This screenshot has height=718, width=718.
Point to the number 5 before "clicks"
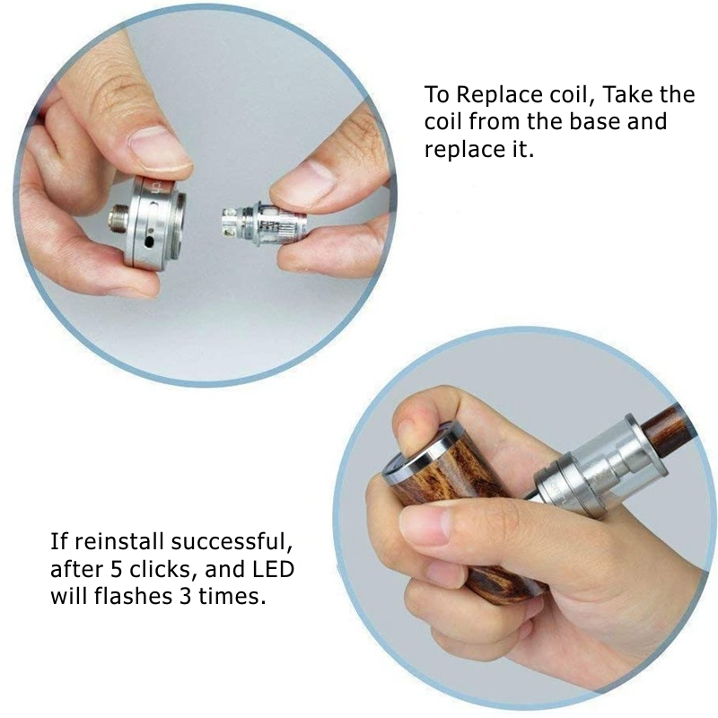pos(117,570)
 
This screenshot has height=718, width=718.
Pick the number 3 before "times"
pos(185,596)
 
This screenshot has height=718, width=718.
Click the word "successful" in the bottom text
pos(232,542)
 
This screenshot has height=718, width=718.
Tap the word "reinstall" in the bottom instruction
pos(119,542)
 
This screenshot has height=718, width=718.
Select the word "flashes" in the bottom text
pos(133,596)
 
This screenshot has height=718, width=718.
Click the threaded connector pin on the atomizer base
pos(118,219)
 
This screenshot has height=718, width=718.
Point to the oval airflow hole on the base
pos(150,240)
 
